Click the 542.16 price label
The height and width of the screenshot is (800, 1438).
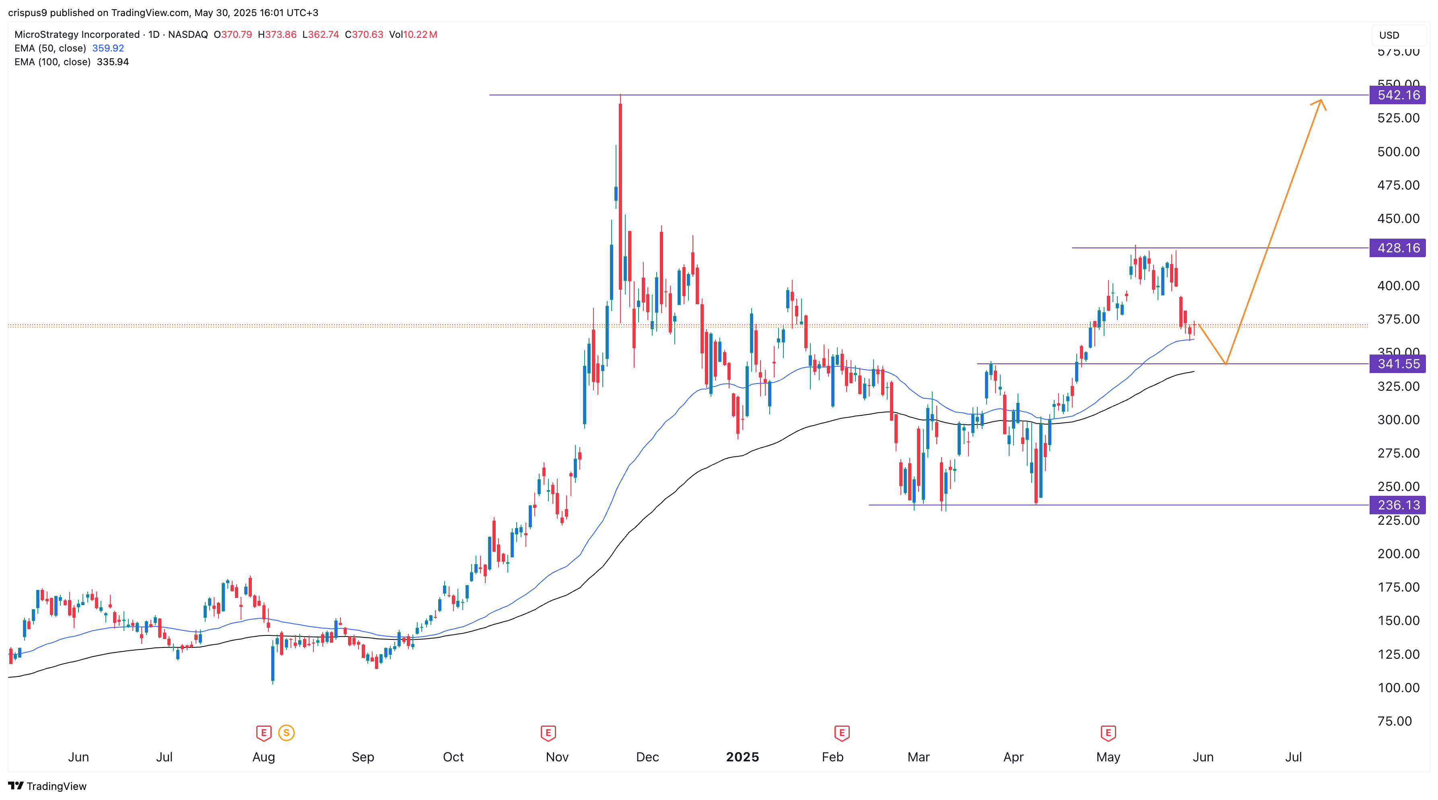(1397, 95)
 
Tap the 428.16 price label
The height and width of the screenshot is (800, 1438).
(1397, 248)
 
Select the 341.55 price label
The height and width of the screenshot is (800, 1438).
(1397, 364)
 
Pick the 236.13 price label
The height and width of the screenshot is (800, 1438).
(1397, 505)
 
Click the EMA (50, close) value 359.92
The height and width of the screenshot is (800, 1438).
(108, 48)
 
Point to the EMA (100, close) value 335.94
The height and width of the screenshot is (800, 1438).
(113, 62)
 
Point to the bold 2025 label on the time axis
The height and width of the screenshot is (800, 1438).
(742, 757)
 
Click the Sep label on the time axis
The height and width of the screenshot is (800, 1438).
(363, 757)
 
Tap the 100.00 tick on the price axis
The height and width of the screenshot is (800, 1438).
(1398, 688)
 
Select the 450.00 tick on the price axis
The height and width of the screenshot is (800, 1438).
(1398, 218)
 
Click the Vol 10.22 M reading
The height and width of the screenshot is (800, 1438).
(413, 35)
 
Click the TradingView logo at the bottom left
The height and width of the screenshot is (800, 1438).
(47, 786)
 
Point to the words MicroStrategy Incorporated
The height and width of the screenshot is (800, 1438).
(77, 35)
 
